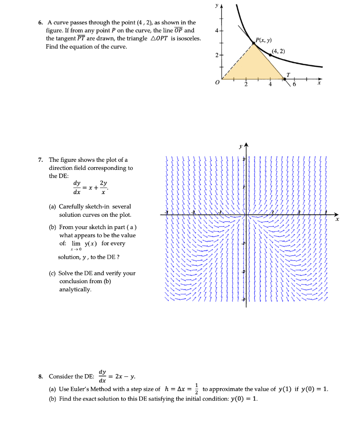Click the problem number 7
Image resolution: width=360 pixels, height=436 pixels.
click(x=40, y=160)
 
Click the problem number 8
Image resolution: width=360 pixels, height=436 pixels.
click(x=40, y=376)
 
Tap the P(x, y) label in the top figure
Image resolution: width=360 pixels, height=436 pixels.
click(x=264, y=40)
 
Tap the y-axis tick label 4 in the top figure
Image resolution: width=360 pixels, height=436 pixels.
click(x=216, y=31)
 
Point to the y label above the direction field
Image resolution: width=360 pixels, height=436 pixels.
click(x=241, y=146)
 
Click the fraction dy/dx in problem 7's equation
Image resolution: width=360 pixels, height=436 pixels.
click(x=77, y=187)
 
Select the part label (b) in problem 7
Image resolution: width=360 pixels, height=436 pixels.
click(x=53, y=227)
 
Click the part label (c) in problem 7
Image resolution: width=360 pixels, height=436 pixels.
click(x=53, y=273)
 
